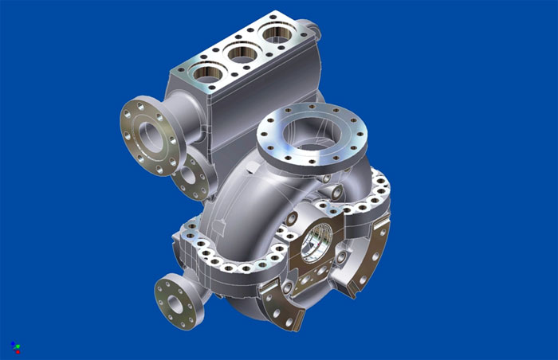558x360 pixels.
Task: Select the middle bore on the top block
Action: point(242,55)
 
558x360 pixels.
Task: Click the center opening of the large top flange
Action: point(312,133)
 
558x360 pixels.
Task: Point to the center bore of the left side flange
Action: point(146,131)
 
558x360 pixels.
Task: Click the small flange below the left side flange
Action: point(193,177)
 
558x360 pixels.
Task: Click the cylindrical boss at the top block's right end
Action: point(312,30)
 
